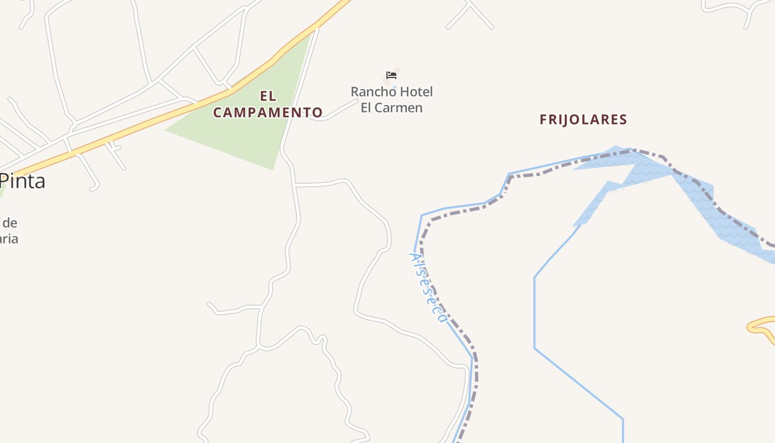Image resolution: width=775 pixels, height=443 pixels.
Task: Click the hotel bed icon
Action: click(x=391, y=75)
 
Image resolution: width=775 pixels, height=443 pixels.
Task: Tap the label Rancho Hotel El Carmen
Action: click(x=391, y=100)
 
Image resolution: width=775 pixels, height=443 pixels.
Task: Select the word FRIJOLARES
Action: click(x=583, y=120)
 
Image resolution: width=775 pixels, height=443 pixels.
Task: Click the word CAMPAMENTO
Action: click(x=268, y=112)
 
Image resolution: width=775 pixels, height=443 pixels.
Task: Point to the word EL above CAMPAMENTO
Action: click(x=268, y=96)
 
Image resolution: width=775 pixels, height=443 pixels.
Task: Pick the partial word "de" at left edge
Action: click(x=10, y=223)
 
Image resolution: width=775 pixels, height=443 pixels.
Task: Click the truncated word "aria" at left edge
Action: click(x=9, y=239)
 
